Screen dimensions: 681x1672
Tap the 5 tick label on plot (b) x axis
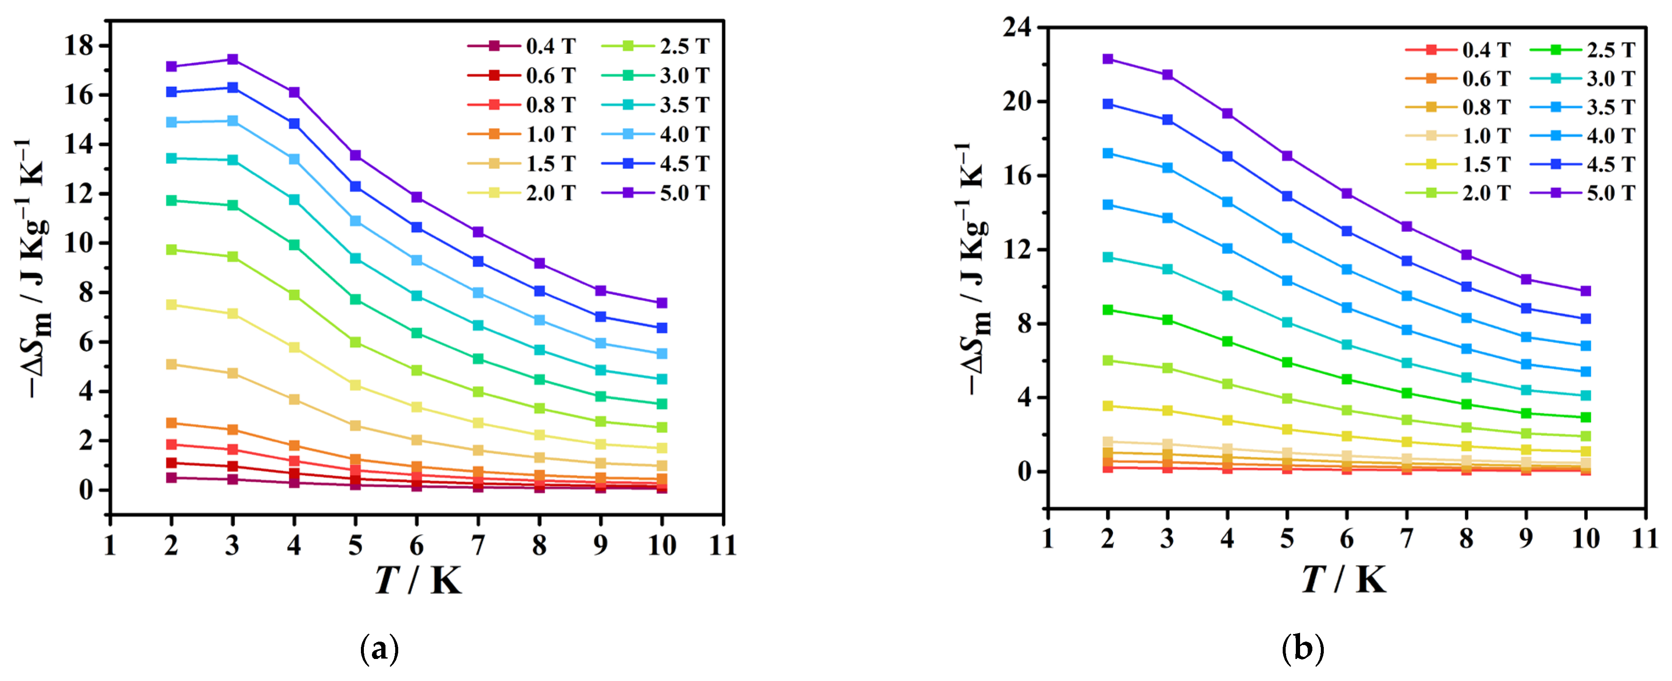[x=1287, y=539]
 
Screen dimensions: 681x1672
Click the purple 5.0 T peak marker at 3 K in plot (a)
[x=233, y=60]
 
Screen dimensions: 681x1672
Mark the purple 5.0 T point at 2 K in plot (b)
[x=1108, y=59]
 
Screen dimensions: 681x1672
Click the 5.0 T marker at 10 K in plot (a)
[x=662, y=303]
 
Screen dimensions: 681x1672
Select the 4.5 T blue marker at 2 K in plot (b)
[x=1108, y=104]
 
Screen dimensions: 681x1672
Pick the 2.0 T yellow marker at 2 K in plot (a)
[x=172, y=305]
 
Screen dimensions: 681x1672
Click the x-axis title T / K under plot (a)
[x=418, y=580]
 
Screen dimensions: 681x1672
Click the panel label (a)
[x=379, y=648]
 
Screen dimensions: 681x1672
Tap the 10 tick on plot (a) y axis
[x=78, y=244]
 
